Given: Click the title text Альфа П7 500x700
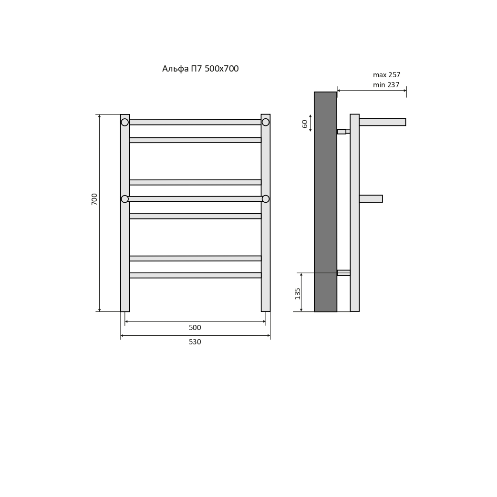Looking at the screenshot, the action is click(200, 69).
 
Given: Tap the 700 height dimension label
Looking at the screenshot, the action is click(94, 199).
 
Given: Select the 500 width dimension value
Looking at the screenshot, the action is click(195, 328).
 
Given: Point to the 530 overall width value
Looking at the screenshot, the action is click(195, 342).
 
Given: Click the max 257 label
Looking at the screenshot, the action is click(387, 75).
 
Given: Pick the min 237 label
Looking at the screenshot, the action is click(386, 85).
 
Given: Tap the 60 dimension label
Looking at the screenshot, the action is click(305, 124).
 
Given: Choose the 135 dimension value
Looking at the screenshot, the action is click(297, 293).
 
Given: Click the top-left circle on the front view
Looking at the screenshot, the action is click(125, 122).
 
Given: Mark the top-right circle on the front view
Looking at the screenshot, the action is click(266, 122).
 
